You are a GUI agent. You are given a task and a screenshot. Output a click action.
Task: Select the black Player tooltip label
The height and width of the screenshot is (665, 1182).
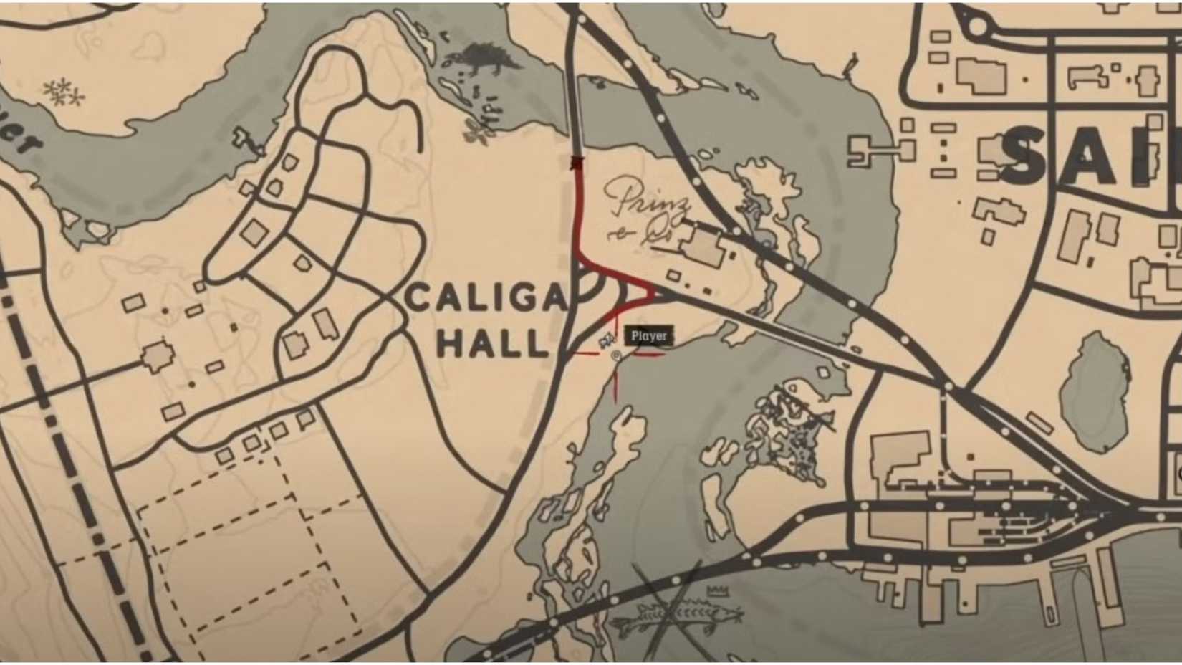[649, 335]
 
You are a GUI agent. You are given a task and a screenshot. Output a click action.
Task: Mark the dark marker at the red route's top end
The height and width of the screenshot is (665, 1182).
[575, 163]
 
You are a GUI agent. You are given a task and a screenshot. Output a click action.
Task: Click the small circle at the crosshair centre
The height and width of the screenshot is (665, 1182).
[616, 355]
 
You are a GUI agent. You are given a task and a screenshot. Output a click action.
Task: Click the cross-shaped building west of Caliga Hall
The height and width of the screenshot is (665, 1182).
[157, 356]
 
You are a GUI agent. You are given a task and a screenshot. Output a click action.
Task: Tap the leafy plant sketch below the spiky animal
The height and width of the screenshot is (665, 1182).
[477, 130]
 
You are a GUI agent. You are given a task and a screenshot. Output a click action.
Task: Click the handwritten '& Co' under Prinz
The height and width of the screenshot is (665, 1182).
[634, 235]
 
